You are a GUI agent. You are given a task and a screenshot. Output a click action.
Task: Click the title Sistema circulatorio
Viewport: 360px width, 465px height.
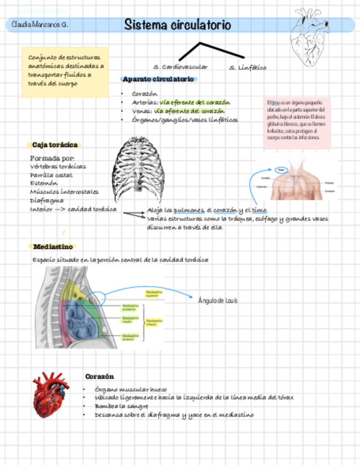(177, 25)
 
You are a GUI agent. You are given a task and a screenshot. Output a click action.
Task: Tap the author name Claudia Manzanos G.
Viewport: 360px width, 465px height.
(40, 25)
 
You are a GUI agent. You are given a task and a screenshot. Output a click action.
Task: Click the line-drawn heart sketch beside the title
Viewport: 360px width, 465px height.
(311, 37)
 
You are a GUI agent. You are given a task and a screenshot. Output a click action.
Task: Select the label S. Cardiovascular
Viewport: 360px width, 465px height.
(181, 66)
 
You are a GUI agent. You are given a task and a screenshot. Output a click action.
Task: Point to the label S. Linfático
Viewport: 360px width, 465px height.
(248, 67)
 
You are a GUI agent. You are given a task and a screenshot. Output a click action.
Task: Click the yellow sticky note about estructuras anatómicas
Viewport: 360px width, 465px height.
(65, 71)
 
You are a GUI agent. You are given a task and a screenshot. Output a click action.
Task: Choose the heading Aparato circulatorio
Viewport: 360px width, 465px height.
(158, 79)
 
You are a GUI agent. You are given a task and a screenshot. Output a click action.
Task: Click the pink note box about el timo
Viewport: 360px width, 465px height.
(297, 123)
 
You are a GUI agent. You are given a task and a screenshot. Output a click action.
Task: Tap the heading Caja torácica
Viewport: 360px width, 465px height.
(55, 145)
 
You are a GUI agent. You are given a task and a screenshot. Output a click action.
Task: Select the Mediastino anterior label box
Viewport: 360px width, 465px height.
(131, 337)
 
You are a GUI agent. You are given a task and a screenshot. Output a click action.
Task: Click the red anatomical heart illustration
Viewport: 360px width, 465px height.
(50, 393)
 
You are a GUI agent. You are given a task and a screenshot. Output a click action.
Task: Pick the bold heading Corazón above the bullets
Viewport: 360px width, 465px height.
(100, 376)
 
